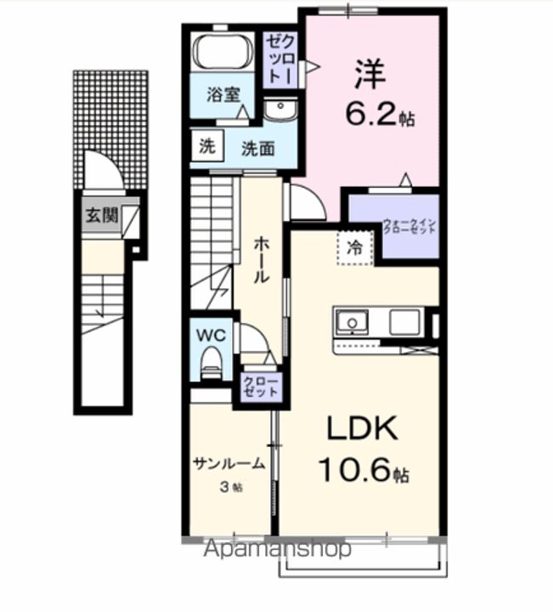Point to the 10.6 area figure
pos(364,469)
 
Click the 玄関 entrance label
pos(100,215)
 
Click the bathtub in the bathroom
pos(222,52)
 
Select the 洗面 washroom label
pos(257,148)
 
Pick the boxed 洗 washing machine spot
pos(207,146)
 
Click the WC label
pos(212,335)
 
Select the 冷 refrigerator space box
pos(355,247)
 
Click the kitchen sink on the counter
pos(351,322)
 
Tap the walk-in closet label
pos(409,228)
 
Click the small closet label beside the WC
pos(261,388)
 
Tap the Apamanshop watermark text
pos(277,549)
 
